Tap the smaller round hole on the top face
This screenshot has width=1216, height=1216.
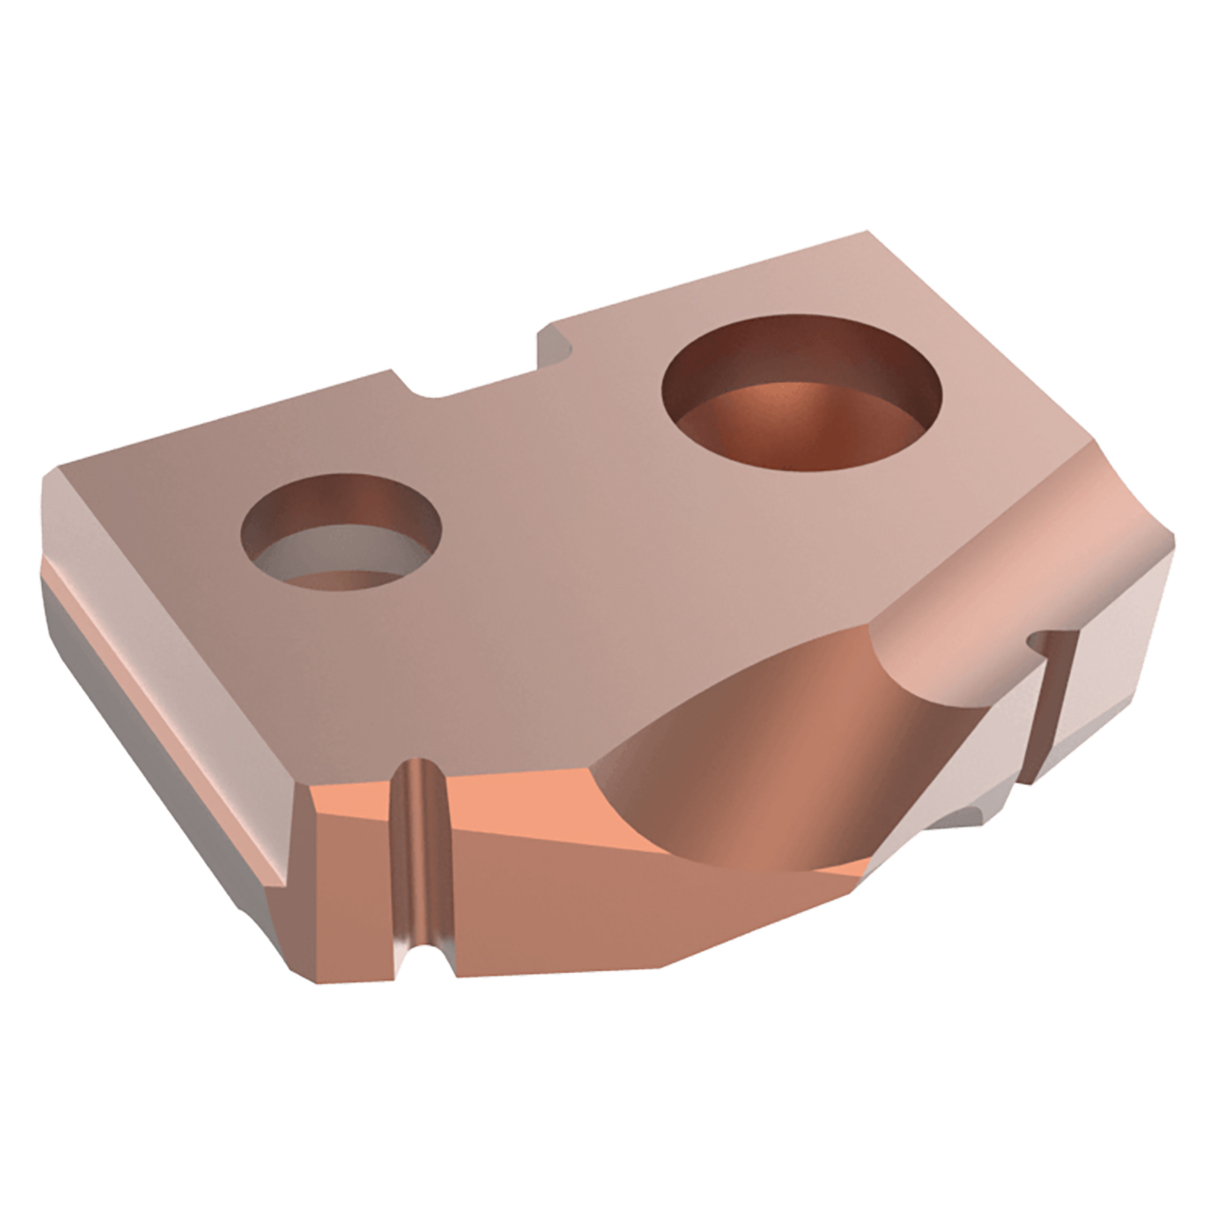point(342,537)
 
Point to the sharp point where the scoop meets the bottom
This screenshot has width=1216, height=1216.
point(864,864)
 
